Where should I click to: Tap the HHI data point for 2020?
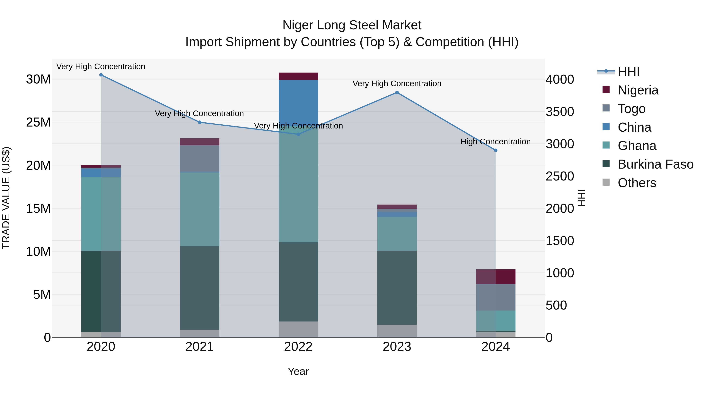click(x=101, y=75)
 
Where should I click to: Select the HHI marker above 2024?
click(x=496, y=150)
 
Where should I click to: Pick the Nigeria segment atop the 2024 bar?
click(x=496, y=277)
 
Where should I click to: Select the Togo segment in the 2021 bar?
click(x=199, y=159)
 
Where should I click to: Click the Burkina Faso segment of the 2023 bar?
click(x=397, y=287)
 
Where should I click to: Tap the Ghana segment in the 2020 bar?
click(x=101, y=214)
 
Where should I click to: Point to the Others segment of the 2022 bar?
click(x=298, y=329)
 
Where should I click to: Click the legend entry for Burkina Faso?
click(x=655, y=164)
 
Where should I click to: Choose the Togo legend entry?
click(x=631, y=109)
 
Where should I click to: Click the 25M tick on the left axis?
click(x=38, y=122)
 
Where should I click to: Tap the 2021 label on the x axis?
click(x=199, y=347)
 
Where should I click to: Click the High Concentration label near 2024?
click(x=496, y=142)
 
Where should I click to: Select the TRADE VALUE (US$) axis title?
click(x=6, y=198)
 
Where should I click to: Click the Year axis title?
click(x=298, y=371)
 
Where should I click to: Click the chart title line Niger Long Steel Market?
click(x=352, y=25)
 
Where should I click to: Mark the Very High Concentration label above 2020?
click(x=101, y=66)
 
